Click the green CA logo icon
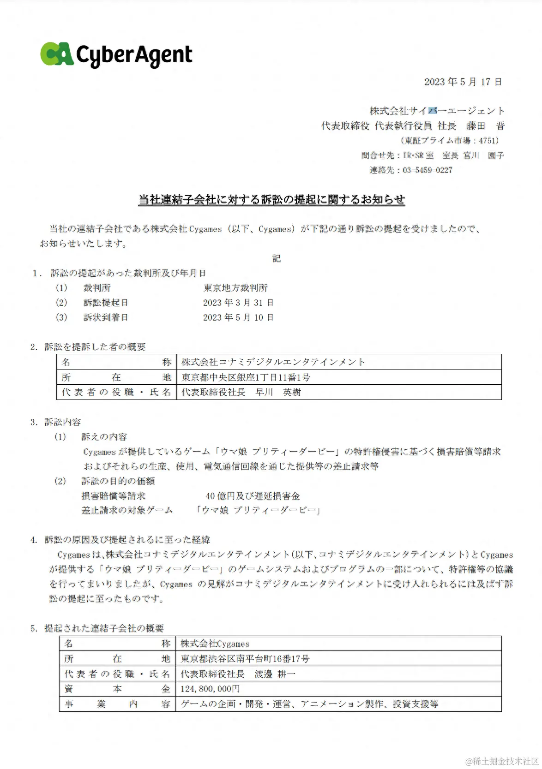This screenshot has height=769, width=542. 57,54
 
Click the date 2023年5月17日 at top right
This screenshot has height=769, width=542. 463,82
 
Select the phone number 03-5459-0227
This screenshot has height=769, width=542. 427,170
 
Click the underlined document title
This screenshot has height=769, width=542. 271,199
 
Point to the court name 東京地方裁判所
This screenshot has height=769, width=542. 235,288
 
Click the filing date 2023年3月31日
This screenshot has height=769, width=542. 238,303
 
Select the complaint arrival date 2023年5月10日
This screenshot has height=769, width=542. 238,317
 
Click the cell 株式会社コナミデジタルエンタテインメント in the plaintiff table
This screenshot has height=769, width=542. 273,362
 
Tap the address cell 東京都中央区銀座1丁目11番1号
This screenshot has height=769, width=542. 246,377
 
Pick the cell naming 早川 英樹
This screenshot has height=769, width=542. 241,392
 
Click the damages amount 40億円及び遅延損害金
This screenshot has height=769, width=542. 253,496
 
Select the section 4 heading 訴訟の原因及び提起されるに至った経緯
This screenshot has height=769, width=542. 127,540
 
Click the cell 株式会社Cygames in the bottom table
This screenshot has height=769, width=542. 215,644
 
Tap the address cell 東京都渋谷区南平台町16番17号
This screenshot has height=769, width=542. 245,659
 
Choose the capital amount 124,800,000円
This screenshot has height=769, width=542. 211,689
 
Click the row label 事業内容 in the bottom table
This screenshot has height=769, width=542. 117,704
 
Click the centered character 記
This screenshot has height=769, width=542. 276,258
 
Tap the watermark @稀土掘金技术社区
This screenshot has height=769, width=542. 502,761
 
